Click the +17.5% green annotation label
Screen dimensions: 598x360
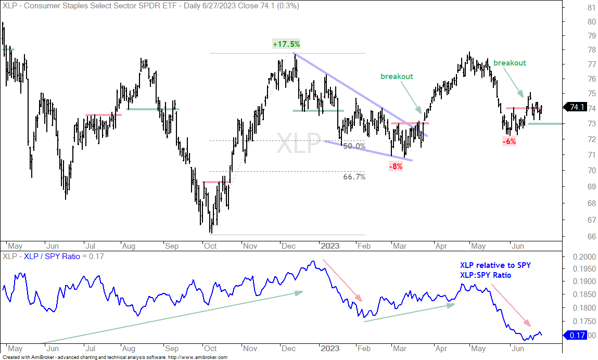[286, 44]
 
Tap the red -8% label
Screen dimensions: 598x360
[396, 166]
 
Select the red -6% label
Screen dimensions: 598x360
[509, 142]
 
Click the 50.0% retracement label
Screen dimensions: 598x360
[354, 146]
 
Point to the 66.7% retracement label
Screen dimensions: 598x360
[354, 176]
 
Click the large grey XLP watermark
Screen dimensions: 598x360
[298, 143]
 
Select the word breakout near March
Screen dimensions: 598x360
[397, 76]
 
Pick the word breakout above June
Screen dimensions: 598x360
[510, 63]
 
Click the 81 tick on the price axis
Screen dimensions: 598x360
[592, 8]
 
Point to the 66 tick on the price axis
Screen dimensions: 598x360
[592, 236]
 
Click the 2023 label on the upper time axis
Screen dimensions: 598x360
[330, 246]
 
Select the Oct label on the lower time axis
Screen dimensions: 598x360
[210, 349]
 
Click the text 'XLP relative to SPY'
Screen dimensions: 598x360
[495, 265]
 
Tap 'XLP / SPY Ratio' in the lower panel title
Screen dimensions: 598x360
[52, 256]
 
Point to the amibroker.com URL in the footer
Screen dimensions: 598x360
[197, 357]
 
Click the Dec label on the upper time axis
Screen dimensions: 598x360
[288, 246]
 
